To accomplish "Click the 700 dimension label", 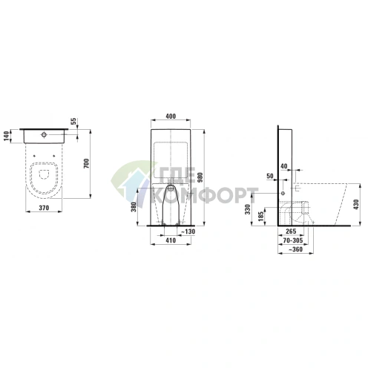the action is pyautogui.click(x=86, y=163).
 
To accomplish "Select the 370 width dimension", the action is pyautogui.click(x=44, y=208).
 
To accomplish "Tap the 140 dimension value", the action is pyautogui.click(x=7, y=136).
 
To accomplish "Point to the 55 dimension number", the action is pyautogui.click(x=73, y=122).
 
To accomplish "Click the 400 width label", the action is pyautogui.click(x=171, y=116).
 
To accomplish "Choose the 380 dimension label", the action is pyautogui.click(x=134, y=207).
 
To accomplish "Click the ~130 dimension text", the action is pyautogui.click(x=188, y=231).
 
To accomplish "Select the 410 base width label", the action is pyautogui.click(x=171, y=240).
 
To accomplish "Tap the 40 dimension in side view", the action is pyautogui.click(x=284, y=166).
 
